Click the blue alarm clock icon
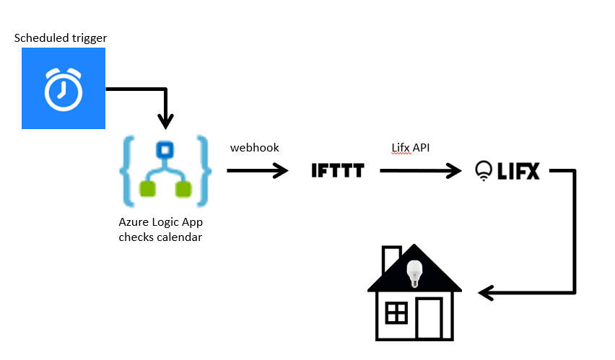click(64, 88)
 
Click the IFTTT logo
click(338, 170)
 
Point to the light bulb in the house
click(414, 272)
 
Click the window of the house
click(396, 313)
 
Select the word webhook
click(254, 147)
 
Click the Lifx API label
click(411, 147)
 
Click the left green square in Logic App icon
click(148, 189)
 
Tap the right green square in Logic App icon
click(184, 189)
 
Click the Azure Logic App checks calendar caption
click(160, 230)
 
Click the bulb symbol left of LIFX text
click(483, 170)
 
